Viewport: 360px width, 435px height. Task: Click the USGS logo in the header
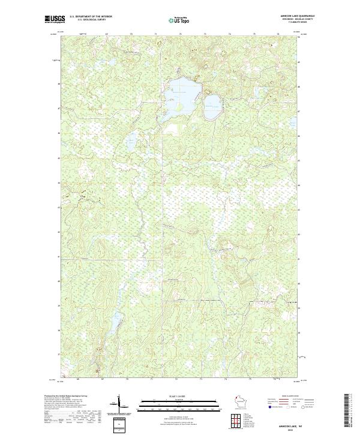[52, 19]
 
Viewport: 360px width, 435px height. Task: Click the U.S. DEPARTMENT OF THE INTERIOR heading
[91, 16]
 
